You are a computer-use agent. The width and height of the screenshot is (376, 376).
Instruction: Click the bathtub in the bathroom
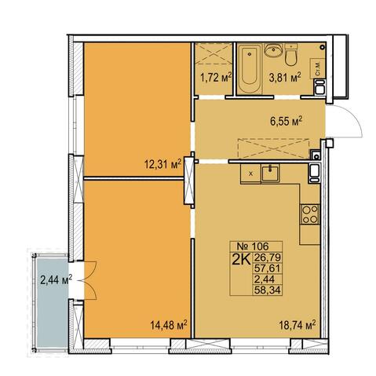point(250,68)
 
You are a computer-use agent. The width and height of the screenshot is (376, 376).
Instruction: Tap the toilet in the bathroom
point(290,54)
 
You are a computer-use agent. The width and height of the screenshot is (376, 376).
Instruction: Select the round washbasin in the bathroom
point(273,49)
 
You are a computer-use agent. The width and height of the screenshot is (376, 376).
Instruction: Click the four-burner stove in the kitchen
point(310,214)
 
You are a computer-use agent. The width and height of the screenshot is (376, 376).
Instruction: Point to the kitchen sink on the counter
point(271,173)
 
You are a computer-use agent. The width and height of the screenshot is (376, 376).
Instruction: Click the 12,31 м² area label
point(163,165)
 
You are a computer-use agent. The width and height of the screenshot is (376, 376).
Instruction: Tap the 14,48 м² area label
point(169,325)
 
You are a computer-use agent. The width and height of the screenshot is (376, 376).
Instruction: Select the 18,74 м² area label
point(297,325)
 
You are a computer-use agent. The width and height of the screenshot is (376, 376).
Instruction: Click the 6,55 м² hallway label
point(286,121)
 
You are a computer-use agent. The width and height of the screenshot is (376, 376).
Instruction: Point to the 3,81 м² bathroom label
point(285,78)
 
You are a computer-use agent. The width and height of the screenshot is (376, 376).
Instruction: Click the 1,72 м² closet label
point(216,78)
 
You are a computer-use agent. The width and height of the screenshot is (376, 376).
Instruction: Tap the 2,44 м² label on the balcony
point(57,280)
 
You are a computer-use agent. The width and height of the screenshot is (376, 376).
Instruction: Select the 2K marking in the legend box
point(241,259)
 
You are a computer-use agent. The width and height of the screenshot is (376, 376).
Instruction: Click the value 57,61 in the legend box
point(267,268)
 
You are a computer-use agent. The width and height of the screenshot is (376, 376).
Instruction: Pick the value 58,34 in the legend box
point(267,290)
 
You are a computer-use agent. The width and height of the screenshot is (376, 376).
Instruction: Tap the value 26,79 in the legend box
point(267,257)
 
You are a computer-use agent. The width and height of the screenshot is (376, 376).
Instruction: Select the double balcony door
point(88,280)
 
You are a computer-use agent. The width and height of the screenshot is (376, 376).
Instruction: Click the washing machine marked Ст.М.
point(317,68)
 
